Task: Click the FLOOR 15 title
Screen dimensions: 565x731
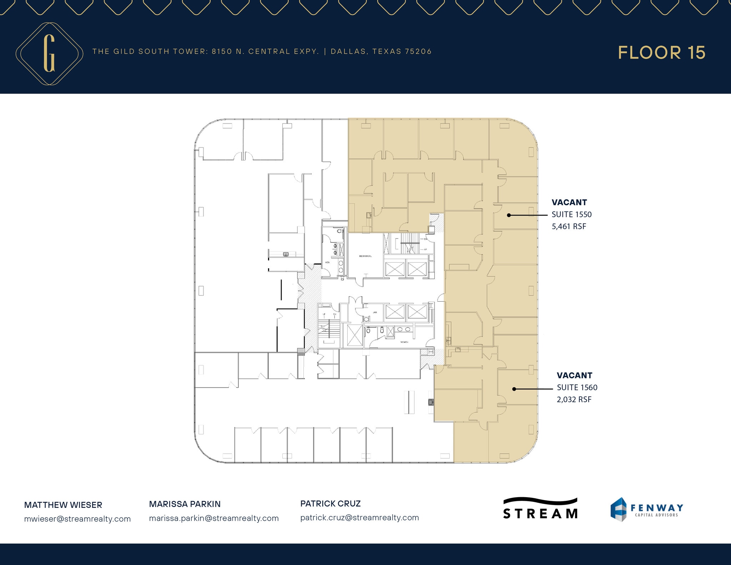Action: pyautogui.click(x=661, y=53)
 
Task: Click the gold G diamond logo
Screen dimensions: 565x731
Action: pyautogui.click(x=49, y=54)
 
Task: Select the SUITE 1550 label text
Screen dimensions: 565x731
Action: pyautogui.click(x=571, y=215)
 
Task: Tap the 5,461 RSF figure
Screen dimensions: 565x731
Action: pyautogui.click(x=569, y=227)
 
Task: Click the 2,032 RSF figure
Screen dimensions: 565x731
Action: pyautogui.click(x=574, y=400)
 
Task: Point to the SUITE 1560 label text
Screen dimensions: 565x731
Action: pyautogui.click(x=577, y=388)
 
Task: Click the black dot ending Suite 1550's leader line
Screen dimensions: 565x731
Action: pyautogui.click(x=509, y=215)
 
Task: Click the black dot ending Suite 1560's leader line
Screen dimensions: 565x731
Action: pyautogui.click(x=514, y=389)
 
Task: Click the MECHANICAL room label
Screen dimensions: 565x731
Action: pyautogui.click(x=365, y=256)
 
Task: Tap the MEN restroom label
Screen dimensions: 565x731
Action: pyautogui.click(x=327, y=263)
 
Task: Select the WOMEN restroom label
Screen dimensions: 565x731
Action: pyautogui.click(x=404, y=342)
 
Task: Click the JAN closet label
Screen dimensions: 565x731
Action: pyautogui.click(x=375, y=312)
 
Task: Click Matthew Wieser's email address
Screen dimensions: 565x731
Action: pyautogui.click(x=77, y=519)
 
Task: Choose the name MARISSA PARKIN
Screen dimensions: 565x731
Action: pyautogui.click(x=185, y=504)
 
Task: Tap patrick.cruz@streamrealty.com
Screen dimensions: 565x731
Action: pyautogui.click(x=359, y=518)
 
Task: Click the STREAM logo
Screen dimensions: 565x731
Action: pyautogui.click(x=540, y=509)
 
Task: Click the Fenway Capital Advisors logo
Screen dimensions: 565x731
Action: pyautogui.click(x=646, y=509)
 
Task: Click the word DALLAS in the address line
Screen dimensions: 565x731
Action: pyautogui.click(x=348, y=51)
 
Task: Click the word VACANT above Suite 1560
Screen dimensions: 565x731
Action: pyautogui.click(x=574, y=375)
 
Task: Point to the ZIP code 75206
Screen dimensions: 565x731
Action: pyautogui.click(x=418, y=51)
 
